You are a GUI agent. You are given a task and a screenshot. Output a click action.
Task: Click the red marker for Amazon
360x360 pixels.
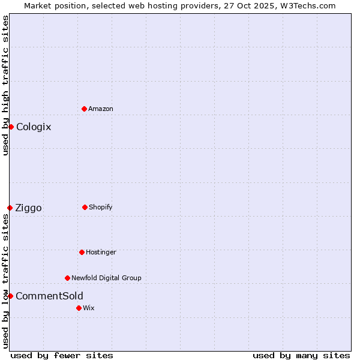(84, 109)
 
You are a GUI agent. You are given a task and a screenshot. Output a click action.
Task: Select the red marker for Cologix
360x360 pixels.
(11, 127)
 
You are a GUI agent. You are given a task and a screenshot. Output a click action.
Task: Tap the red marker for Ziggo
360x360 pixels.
(10, 208)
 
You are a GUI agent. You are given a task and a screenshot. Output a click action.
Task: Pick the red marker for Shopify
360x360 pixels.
(85, 207)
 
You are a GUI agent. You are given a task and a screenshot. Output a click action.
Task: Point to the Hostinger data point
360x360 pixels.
(82, 252)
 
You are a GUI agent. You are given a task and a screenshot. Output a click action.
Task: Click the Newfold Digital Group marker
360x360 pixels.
(67, 278)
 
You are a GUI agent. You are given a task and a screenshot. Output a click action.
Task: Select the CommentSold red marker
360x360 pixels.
(10, 296)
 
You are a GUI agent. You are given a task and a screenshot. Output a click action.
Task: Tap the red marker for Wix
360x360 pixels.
(79, 308)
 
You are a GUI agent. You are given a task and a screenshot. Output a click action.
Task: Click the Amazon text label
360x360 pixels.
(101, 109)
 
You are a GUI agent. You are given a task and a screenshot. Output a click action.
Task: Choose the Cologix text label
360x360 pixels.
(34, 127)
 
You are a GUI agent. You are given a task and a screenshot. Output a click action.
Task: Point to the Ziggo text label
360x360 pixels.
(28, 208)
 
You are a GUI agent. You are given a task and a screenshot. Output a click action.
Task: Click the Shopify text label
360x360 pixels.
(101, 207)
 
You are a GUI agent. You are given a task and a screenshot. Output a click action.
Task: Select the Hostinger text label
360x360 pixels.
(101, 252)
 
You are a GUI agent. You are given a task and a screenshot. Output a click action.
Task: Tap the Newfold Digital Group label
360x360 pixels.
(106, 278)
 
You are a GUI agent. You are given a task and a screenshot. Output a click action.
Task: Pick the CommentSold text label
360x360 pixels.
(49, 296)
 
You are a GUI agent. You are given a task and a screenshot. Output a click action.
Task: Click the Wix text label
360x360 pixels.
(89, 308)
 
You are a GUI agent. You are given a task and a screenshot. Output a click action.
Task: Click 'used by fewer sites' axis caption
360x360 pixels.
(62, 355)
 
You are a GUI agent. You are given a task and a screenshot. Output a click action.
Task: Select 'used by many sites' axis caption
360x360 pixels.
(301, 355)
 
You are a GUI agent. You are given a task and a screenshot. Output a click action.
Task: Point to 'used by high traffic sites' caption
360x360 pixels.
(5, 85)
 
